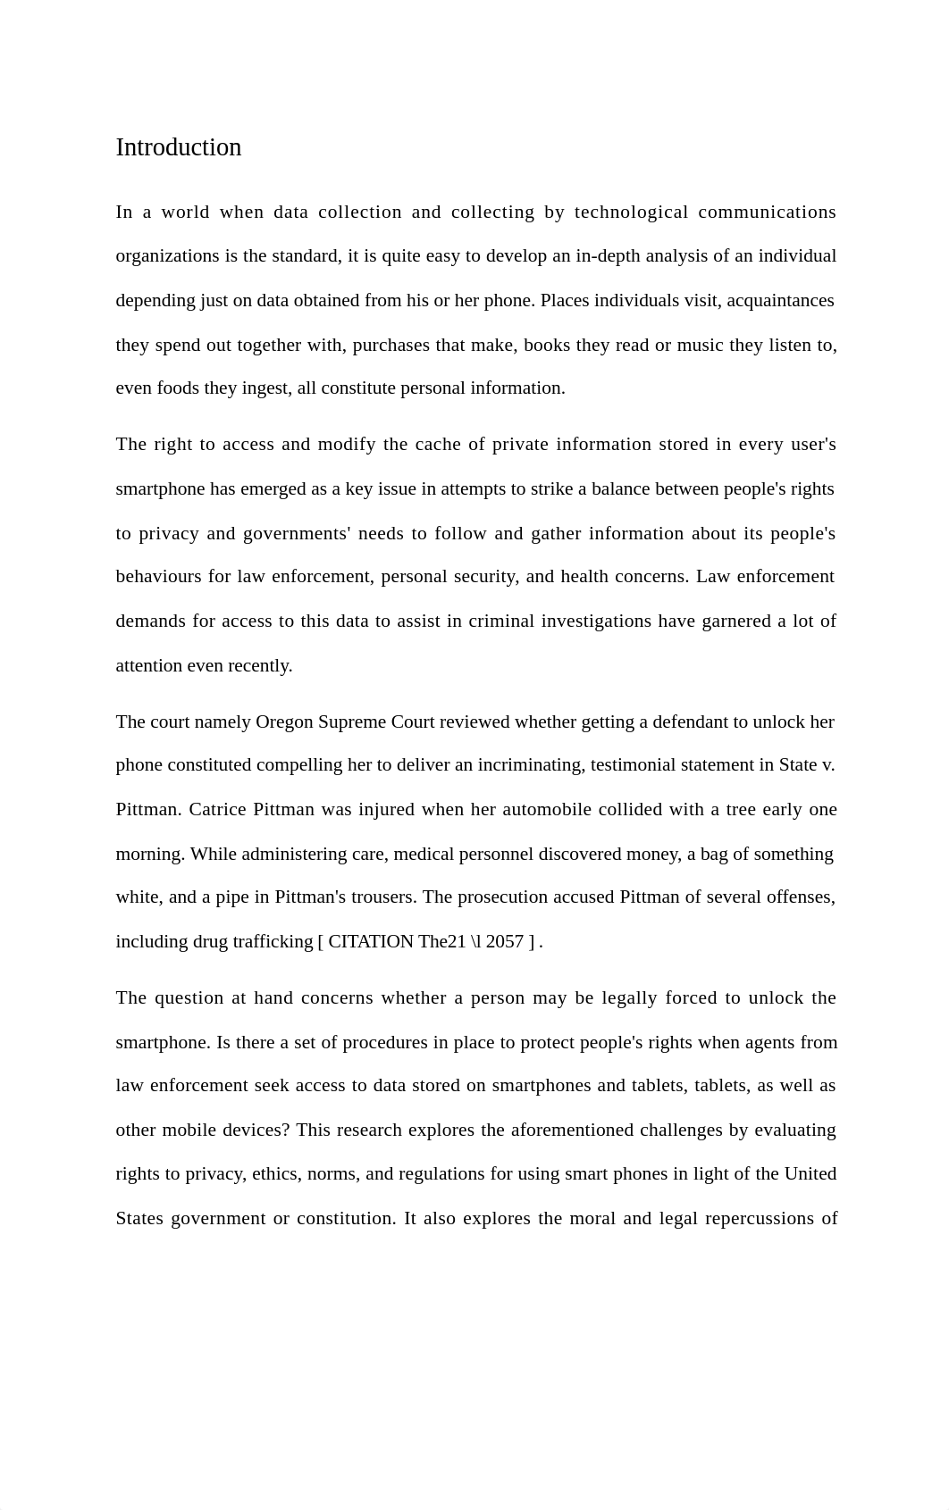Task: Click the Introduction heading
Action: point(179,147)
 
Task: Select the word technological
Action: point(631,213)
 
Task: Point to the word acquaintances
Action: point(780,301)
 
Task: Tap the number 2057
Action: point(504,942)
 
